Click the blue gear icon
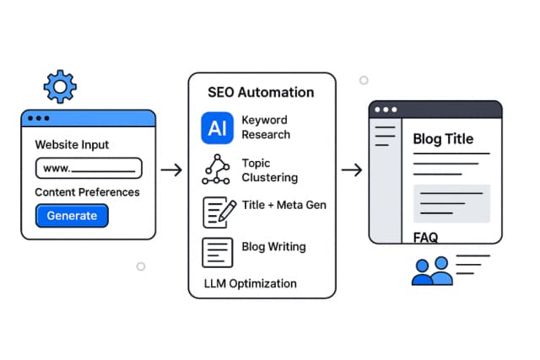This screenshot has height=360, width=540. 59,87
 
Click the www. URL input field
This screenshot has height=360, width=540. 89,169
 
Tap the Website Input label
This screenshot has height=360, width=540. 72,145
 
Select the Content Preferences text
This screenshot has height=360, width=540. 87,192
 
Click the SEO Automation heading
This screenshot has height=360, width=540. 262,92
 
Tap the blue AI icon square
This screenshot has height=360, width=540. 217,127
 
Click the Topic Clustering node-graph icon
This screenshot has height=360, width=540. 217,170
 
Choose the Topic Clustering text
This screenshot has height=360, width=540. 270,170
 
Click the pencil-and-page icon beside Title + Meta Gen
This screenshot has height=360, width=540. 218,212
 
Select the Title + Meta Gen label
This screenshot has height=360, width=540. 283,205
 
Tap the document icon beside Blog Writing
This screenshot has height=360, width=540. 217,252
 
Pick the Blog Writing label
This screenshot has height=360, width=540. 273,247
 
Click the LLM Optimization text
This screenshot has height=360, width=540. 251,283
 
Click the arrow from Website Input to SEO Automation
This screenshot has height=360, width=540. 171,170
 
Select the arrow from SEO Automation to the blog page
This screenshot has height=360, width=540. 352,170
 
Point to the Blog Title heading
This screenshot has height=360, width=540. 443,140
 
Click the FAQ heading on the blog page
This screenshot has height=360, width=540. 426,238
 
